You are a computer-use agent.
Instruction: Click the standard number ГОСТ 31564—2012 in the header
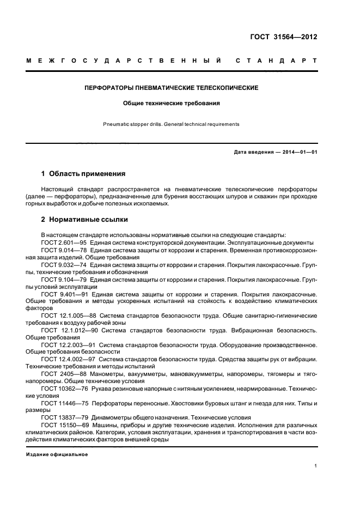pos(283,38)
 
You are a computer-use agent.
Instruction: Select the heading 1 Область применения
pos(83,174)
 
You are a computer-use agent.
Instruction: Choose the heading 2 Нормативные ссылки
pos(84,220)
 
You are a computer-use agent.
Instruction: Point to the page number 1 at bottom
pos(315,466)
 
